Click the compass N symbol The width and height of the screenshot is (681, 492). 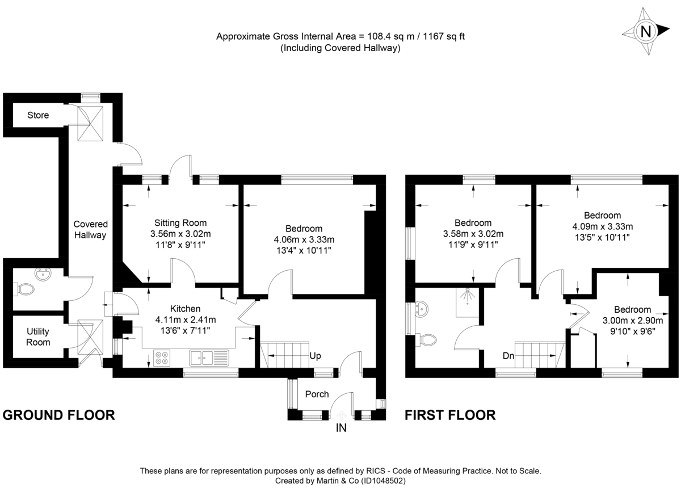click(645, 31)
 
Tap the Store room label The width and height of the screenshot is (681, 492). click(39, 115)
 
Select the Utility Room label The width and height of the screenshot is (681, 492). click(39, 337)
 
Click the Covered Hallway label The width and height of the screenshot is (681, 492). click(90, 229)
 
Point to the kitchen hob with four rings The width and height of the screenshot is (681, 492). click(161, 358)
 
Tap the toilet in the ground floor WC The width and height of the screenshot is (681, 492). click(25, 290)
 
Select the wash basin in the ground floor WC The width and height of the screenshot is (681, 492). click(41, 274)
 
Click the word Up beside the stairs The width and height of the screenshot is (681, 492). click(316, 356)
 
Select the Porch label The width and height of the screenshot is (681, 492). click(317, 394)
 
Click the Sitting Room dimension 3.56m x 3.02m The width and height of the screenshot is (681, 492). click(180, 234)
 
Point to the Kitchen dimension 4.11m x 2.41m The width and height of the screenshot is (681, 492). click(186, 319)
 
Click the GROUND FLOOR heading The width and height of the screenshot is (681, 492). click(58, 415)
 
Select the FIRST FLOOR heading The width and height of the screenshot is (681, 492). click(450, 415)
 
